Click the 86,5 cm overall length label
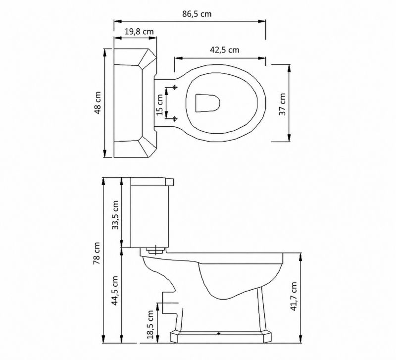[x=197, y=14]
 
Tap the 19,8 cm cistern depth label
[x=139, y=32]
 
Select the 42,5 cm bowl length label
[x=225, y=50]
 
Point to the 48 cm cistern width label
[x=98, y=103]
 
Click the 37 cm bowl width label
[x=282, y=104]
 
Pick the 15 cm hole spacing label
[x=159, y=104]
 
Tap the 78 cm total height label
[x=97, y=253]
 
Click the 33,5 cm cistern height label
[x=115, y=215]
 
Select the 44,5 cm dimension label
[x=115, y=291]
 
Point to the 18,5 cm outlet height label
[x=151, y=324]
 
